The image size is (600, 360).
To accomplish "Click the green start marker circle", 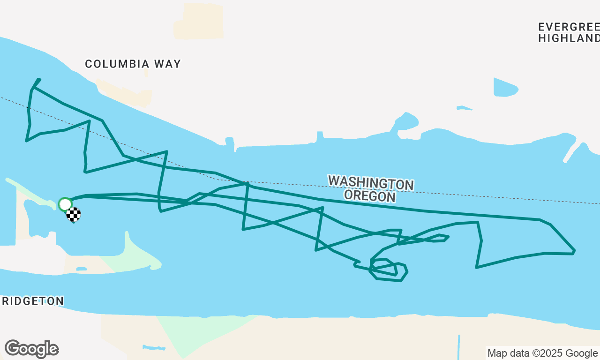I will pos(65,204).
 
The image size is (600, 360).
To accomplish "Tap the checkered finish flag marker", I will pos(74,214).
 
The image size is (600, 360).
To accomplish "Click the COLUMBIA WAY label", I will pos(133,64).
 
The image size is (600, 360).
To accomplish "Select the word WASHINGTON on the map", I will pos(370,183).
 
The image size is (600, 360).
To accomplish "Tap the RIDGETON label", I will pos(32,301).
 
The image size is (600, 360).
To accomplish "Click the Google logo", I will pos(31,349).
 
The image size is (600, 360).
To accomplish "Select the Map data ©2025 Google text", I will pos(542,353).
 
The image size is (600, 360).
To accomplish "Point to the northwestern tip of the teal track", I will pos(39,79).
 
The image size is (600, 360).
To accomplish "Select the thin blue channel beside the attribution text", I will pos(458,347).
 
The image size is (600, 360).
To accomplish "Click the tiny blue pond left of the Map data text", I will pos(154,348).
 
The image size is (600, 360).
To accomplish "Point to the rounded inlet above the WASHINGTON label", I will pos(406,121).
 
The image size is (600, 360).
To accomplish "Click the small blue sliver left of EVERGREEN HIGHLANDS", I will pos(464,108).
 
